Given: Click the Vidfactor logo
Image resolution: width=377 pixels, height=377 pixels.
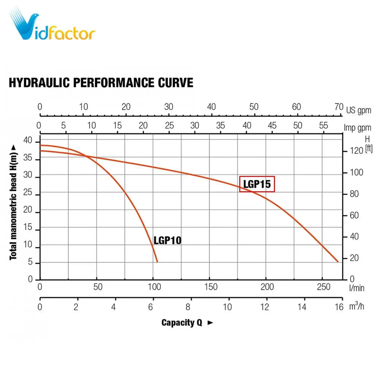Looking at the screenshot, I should [52, 25].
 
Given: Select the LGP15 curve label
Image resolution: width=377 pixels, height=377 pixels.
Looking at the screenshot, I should [257, 184].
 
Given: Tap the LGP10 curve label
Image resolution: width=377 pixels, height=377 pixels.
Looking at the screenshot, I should [167, 241].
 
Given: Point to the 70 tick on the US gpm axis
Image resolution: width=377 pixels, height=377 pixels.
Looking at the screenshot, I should [339, 107].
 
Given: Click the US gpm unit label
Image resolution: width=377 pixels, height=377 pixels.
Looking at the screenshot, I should [358, 110].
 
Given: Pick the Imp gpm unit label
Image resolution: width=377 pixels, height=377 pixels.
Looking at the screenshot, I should [357, 128].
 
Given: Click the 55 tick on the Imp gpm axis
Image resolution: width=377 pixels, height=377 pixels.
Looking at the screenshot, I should [323, 125].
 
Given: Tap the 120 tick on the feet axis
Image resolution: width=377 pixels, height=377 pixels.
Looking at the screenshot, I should [356, 151].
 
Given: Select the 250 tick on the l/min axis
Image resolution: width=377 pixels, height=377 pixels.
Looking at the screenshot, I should [323, 287].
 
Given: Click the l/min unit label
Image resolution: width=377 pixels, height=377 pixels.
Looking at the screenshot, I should [357, 288].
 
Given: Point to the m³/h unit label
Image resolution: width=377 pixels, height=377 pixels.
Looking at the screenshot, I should [356, 306].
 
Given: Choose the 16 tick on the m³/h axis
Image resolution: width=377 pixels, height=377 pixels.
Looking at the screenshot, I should [339, 307].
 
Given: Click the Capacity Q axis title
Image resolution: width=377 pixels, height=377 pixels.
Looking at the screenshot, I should [182, 322].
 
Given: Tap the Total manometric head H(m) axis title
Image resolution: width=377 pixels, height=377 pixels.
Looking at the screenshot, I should [13, 202].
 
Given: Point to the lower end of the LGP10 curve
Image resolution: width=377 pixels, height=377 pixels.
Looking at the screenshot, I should [157, 261].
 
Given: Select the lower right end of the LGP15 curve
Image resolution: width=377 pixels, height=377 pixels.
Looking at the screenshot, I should [338, 261].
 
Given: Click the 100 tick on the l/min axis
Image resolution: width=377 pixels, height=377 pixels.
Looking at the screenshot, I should [154, 287].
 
